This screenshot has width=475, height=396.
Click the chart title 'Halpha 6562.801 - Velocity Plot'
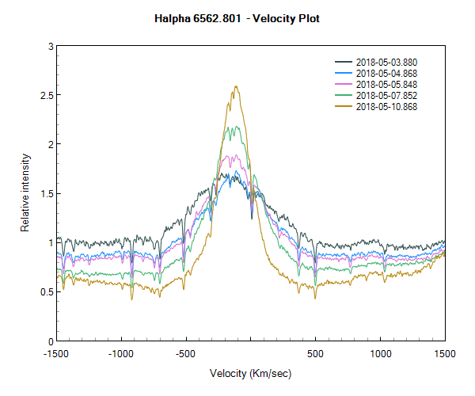(237, 17)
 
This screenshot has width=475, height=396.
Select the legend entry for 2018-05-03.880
(386, 62)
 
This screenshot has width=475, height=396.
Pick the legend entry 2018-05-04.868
(386, 73)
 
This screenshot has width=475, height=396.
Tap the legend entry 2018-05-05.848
(386, 84)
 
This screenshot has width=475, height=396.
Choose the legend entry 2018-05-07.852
(386, 95)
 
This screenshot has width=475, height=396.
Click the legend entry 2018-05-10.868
(386, 106)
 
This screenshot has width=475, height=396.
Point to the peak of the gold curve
(235, 86)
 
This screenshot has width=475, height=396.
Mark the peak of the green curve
(233, 127)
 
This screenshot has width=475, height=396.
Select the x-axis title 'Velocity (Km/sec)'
(250, 373)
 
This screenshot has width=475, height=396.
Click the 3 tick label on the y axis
(49, 47)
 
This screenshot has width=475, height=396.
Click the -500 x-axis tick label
(185, 354)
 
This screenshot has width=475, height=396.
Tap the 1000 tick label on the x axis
(380, 354)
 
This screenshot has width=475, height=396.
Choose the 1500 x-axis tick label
(444, 354)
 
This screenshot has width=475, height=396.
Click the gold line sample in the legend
(344, 106)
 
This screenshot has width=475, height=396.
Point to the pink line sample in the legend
(344, 84)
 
